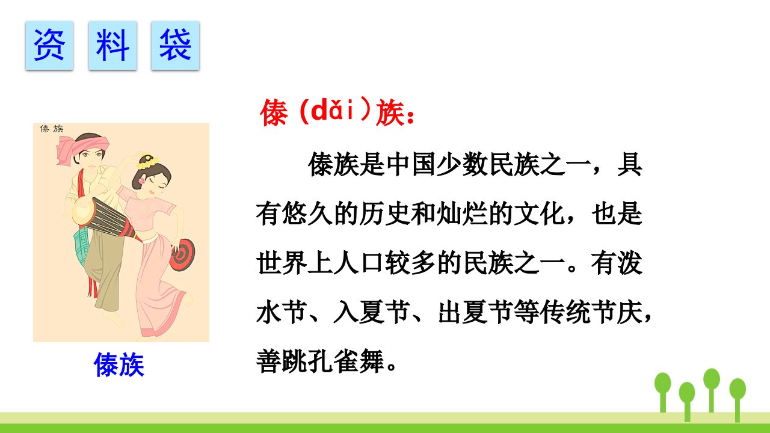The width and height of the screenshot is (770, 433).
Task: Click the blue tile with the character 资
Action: coord(49,45)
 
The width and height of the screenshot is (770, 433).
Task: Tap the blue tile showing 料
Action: coord(112,45)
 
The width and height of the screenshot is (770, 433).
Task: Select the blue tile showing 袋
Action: coord(175,45)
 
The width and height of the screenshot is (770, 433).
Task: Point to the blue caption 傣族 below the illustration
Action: coord(119,364)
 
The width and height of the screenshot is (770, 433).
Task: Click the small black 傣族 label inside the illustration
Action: coord(52,129)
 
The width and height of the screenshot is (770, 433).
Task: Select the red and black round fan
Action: coord(182,254)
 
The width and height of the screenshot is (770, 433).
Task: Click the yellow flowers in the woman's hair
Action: coord(148,162)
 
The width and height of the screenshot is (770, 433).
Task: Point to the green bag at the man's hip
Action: coord(81,246)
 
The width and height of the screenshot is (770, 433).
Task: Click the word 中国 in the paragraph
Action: coord(411,164)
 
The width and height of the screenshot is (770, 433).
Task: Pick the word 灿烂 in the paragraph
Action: coord(461,213)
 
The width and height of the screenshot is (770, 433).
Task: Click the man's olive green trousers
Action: coord(103,268)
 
